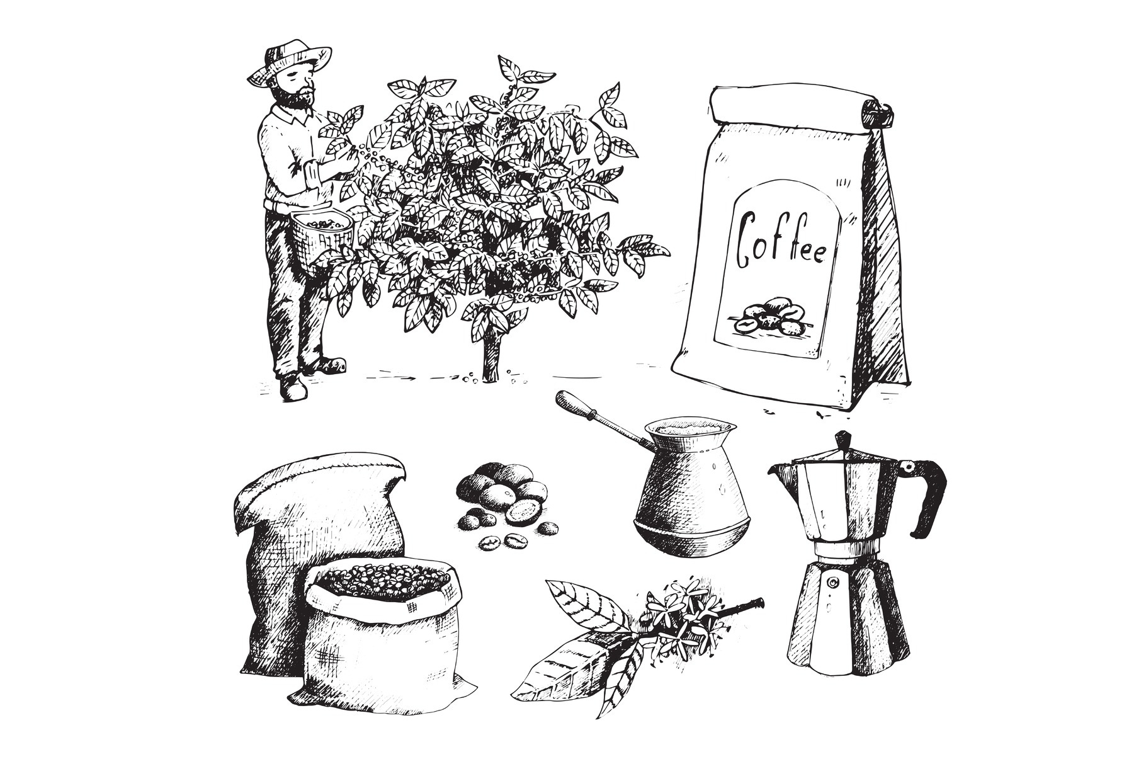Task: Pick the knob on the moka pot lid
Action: [842, 440]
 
